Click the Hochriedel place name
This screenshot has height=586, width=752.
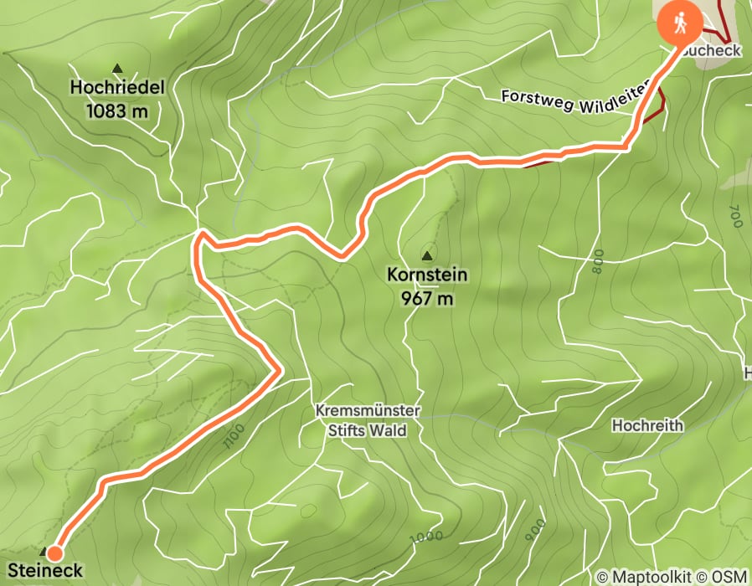(x=116, y=86)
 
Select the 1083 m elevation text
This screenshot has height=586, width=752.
(x=116, y=109)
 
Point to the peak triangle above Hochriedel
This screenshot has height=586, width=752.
(x=117, y=68)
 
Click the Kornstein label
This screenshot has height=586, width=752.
(x=427, y=275)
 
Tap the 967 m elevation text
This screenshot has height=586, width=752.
(x=427, y=297)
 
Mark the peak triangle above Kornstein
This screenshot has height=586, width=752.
(x=428, y=255)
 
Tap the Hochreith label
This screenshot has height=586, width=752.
(x=647, y=425)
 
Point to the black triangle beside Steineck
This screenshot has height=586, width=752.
(x=44, y=552)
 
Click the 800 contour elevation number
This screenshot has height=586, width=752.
(x=597, y=263)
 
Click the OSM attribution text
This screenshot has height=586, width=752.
(x=729, y=576)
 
